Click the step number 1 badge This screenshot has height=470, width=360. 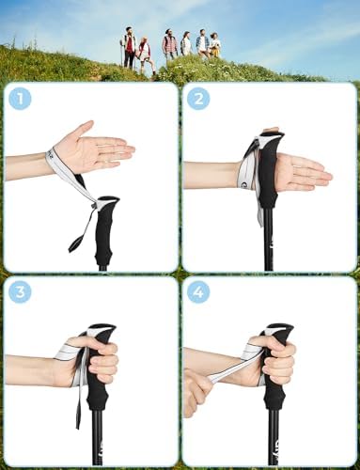click(21, 99)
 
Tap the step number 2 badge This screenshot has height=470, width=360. click(198, 99)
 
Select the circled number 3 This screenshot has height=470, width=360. click(21, 292)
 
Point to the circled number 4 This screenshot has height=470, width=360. click(198, 292)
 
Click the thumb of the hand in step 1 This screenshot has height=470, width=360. click(84, 129)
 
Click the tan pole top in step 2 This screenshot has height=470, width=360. click(272, 129)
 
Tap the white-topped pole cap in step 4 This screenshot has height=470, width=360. click(279, 331)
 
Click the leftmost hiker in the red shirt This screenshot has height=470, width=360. click(130, 47)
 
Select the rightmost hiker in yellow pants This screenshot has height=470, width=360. click(215, 45)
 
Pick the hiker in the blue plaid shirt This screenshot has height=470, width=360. click(203, 44)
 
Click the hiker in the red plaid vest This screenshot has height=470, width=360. click(169, 45)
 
